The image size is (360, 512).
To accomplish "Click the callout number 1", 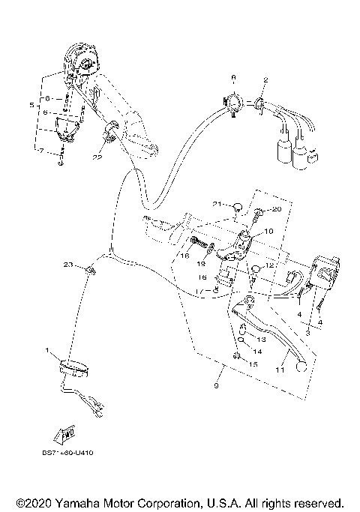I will click(x=48, y=350).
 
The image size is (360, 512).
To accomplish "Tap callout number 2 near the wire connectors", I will click(x=265, y=79).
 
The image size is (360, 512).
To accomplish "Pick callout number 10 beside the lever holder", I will click(x=248, y=232).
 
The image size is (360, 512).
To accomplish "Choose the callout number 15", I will click(x=253, y=363).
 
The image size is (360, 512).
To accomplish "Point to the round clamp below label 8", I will click(x=233, y=103).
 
